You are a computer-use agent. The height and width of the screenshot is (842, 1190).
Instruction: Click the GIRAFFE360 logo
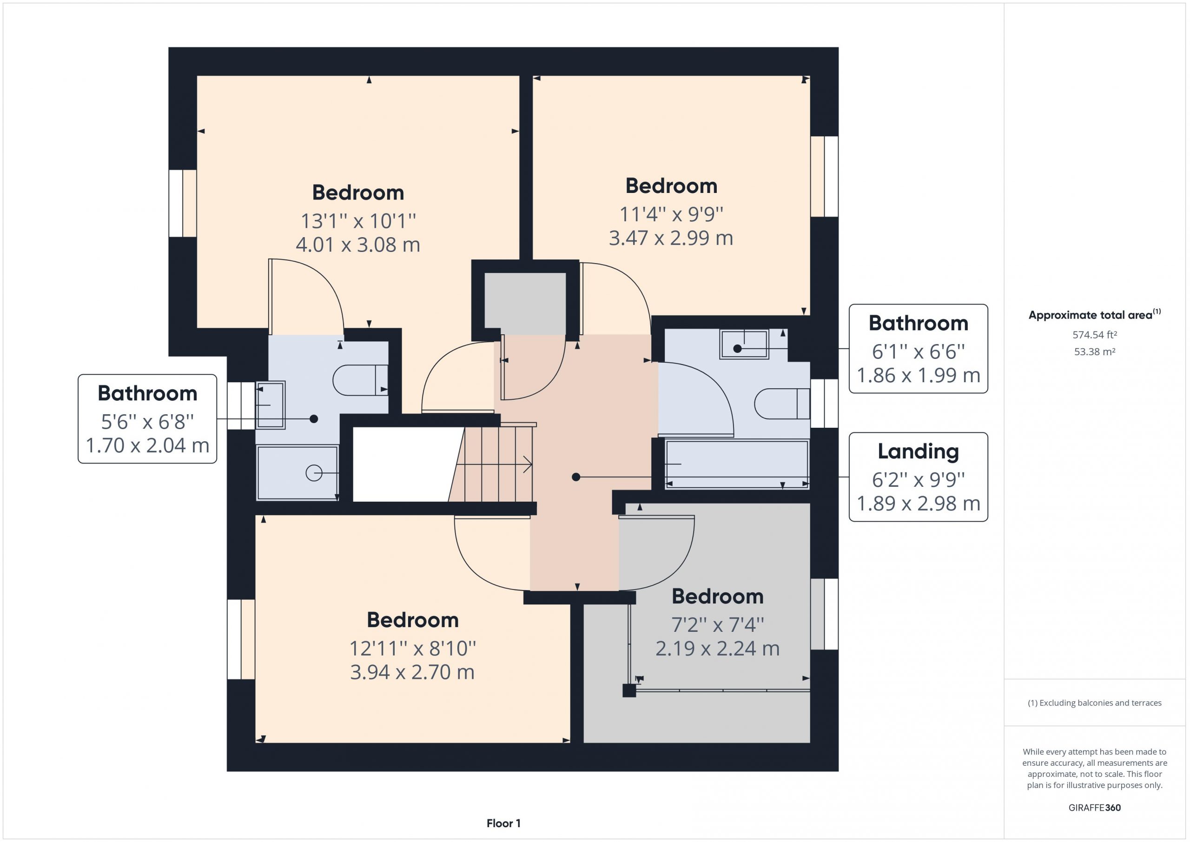coord(1094,807)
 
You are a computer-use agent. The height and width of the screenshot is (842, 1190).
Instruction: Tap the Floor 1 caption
coord(503,823)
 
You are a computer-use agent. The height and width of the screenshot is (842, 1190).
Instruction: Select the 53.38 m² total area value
coord(1095,351)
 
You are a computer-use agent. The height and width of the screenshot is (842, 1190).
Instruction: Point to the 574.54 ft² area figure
coord(1095,335)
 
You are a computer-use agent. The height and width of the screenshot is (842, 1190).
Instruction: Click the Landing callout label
coord(918,451)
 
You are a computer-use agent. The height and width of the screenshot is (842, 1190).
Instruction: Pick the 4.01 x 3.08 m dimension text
coord(357,244)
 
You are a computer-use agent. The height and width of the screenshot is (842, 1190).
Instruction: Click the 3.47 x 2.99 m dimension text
coord(671,238)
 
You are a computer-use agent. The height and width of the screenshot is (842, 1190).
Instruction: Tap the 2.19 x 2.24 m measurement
coord(717,649)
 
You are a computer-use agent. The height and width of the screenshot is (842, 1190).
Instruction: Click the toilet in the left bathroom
coord(360,380)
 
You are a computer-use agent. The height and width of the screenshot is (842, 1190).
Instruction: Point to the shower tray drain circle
coord(314,473)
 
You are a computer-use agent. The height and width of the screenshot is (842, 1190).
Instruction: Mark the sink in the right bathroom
coord(744,344)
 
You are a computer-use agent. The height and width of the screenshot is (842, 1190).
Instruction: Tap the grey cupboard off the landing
coord(524,304)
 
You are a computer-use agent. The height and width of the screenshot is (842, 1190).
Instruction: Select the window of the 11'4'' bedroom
coord(824,176)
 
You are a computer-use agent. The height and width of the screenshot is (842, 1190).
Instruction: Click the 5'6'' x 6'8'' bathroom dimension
coord(147,422)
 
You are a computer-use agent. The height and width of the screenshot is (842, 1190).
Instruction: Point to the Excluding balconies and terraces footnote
coord(1095,703)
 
